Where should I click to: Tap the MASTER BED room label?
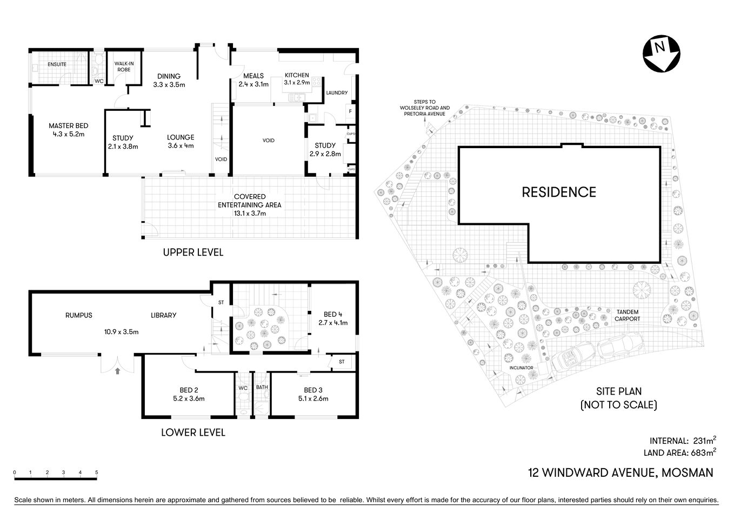68,126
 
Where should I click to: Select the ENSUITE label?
57,64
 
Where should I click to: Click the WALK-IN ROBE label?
124,66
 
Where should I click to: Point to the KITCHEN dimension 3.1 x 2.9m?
297,83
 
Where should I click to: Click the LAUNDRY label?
337,93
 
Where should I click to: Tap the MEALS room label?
253,76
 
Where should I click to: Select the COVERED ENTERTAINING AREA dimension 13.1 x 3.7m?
250,213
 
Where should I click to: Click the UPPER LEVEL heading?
193,252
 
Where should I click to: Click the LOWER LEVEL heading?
193,432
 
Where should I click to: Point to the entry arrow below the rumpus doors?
118,371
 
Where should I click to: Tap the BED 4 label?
333,314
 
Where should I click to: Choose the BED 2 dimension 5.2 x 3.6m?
185,398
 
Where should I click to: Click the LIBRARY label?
163,315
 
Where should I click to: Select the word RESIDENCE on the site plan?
558,192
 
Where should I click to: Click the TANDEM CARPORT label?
627,315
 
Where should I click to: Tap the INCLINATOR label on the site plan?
521,368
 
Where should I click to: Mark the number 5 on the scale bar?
97,473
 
